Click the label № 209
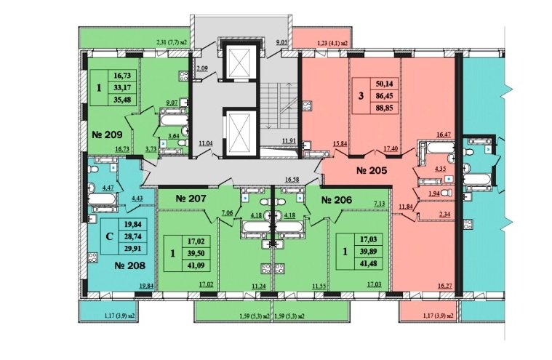107,135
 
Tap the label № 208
130,265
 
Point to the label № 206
337,200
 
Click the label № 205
372,171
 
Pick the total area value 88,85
385,108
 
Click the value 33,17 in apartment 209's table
122,87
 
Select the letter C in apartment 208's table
110,236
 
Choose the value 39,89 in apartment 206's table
369,252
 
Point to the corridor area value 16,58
292,180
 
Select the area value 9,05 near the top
282,44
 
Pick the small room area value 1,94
434,193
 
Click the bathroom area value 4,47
108,188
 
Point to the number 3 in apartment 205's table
361,96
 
